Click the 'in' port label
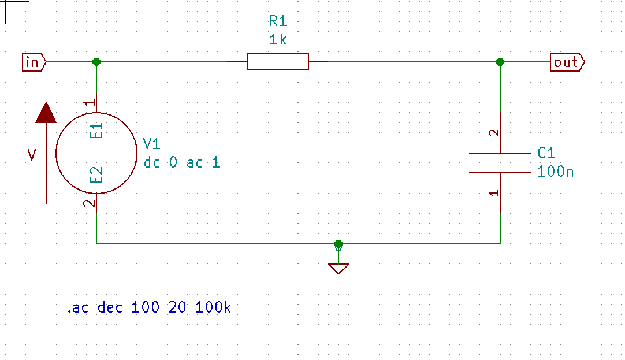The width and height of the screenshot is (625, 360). pos(32,61)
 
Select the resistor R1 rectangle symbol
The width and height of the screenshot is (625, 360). pos(278,61)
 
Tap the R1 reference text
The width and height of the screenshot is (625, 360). pos(278,22)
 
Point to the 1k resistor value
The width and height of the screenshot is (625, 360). pos(278,40)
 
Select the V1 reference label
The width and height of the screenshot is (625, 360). pos(151,144)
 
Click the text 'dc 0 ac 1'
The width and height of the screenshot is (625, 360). pos(181,162)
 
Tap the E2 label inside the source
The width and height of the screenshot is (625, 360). pos(96,175)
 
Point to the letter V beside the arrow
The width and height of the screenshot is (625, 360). pos(32,154)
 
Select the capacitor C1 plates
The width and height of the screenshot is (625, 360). pos(500,162)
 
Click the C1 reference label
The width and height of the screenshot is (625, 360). pos(546,153)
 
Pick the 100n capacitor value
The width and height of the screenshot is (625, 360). pos(555,172)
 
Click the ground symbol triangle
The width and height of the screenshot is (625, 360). pos(338,268)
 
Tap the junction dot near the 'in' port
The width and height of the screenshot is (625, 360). pos(96,61)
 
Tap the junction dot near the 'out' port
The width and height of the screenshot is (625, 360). pos(500,61)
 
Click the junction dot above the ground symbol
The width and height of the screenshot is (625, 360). pos(338,244)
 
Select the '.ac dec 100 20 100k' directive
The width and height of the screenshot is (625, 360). pos(149,307)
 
